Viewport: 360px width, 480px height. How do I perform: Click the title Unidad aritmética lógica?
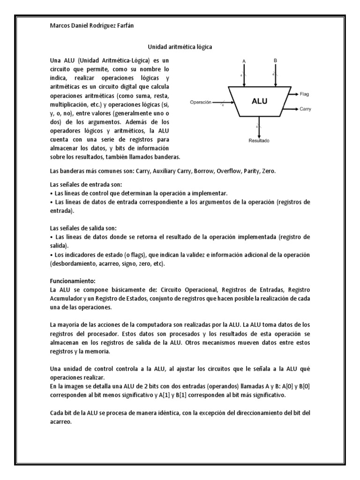coord(180,47)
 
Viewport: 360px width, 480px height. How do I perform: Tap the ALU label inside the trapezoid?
coord(259,101)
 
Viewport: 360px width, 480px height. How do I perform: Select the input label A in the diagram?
coord(244,61)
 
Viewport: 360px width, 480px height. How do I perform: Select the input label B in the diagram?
coord(275,60)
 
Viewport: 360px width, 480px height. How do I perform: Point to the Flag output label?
coord(304,94)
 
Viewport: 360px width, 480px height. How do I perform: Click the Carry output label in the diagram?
coord(305,109)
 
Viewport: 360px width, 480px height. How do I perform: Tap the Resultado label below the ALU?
coord(259,140)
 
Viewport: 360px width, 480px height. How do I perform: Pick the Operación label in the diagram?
coord(201,102)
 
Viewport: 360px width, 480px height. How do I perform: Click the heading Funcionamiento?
coord(73,281)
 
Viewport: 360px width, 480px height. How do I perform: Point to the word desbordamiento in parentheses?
coord(76,264)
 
